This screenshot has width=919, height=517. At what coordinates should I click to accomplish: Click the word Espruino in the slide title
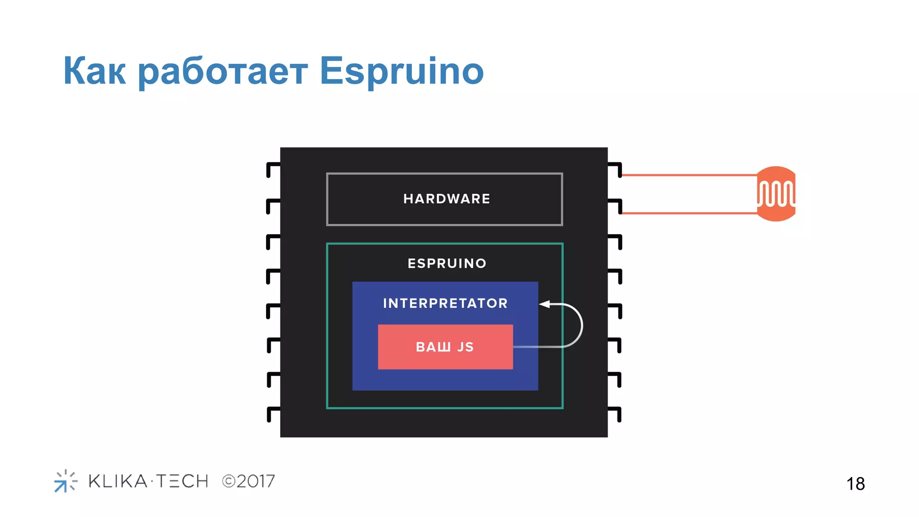pos(401,71)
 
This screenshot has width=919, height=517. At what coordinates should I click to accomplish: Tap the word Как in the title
pos(94,71)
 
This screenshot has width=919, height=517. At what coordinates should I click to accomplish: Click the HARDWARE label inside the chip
pos(446,199)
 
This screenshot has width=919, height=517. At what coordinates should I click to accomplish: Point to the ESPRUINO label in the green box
pos(447,263)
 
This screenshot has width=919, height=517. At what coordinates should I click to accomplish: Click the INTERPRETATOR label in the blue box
pos(445,303)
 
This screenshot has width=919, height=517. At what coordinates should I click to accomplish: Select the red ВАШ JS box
pos(445,347)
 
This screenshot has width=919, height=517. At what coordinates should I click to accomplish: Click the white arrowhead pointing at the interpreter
pos(545,304)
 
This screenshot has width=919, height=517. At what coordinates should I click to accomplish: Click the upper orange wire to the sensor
pos(689,175)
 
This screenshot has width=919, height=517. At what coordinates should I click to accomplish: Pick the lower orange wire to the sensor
pos(689,213)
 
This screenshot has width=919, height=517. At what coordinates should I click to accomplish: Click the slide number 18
pos(855,484)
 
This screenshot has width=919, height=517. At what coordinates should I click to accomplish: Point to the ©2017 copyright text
pos(249,482)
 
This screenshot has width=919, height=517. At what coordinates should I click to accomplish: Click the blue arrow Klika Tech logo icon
pos(65,481)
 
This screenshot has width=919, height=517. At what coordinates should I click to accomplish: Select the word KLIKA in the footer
pos(118,481)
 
